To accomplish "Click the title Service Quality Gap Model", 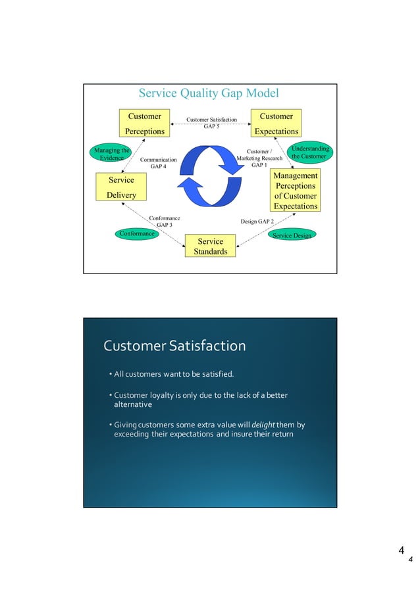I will (208, 93).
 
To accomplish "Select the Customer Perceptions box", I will (145, 124).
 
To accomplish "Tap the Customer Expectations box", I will (276, 124).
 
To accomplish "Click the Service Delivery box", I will (121, 187).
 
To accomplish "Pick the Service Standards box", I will (211, 247).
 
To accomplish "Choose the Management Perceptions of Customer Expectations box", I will (296, 191).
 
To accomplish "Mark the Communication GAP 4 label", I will (159, 163).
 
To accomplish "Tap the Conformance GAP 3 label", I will (165, 222).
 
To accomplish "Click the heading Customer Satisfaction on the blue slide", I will (174, 346).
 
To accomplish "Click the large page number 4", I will (400, 550).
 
